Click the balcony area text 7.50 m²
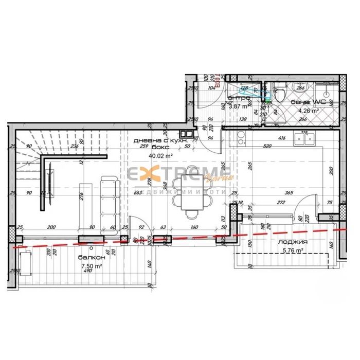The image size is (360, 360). [91, 265]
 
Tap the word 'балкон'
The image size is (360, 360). [92, 258]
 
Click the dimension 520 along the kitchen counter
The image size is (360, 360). [267, 146]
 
